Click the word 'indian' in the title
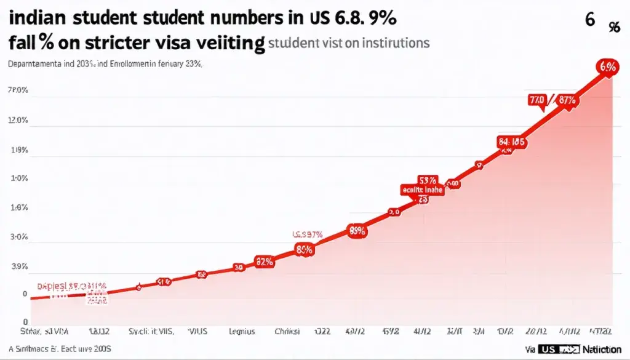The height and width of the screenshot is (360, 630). [33, 18]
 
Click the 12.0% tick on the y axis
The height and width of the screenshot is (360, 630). [18, 121]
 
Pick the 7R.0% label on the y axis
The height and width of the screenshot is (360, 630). [18, 91]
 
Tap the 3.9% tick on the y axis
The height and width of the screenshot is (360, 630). [18, 267]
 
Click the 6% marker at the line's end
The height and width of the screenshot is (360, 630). [607, 68]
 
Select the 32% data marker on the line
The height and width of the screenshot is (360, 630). [264, 262]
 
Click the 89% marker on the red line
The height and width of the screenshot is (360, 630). [357, 231]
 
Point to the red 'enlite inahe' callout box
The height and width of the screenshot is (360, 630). [422, 190]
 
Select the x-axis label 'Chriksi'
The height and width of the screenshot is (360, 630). [286, 332]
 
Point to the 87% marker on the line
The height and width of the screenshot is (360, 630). [567, 100]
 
